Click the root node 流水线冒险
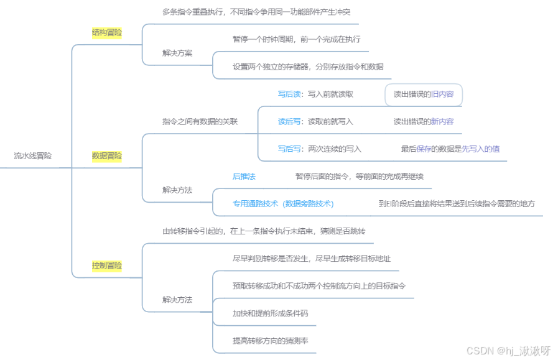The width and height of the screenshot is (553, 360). coord(33,156)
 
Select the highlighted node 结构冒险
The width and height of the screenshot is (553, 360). coord(106,32)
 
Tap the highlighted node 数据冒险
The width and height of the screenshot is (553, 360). coord(106,156)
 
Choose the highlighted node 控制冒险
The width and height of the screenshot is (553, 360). coord(106,265)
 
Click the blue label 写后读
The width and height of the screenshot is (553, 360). coord(289,95)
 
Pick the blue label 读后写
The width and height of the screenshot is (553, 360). coord(289,122)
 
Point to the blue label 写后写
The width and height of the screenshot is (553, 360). coord(289,149)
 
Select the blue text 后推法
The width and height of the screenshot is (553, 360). coord(244,177)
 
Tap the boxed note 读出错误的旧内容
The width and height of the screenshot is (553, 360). coord(423,95)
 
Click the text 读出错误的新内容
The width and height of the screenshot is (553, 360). coord(423,122)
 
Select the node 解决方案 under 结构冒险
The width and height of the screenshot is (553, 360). coord(177,53)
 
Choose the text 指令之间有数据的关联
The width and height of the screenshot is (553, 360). coord(200,122)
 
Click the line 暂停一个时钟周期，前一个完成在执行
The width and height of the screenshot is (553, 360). coord(296,39)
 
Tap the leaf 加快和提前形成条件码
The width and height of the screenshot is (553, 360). coord(270,313)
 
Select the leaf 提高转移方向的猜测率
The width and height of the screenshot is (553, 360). coord(270,341)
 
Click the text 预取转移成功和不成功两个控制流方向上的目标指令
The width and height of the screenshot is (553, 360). coord(319,286)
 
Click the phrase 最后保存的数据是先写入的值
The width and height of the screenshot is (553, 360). coord(450,149)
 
